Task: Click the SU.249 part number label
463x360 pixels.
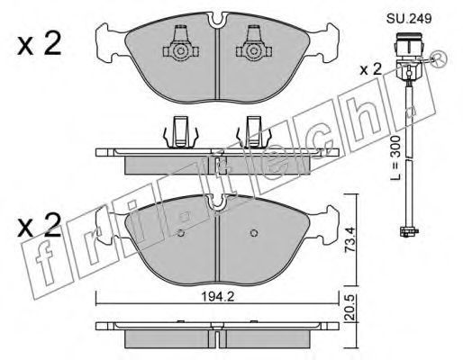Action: (x=409, y=19)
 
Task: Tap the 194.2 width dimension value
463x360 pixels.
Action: (x=217, y=297)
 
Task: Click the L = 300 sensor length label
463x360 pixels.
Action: (x=396, y=157)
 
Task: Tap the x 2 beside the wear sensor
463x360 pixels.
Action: (x=371, y=70)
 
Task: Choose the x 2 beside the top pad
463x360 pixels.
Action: (x=40, y=44)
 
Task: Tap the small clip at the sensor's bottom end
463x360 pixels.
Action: (x=409, y=231)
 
